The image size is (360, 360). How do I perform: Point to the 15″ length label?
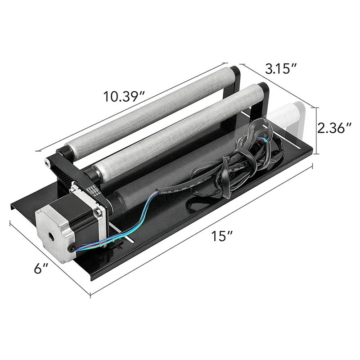coord(222,236)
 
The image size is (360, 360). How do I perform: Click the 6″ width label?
coord(41,268)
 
